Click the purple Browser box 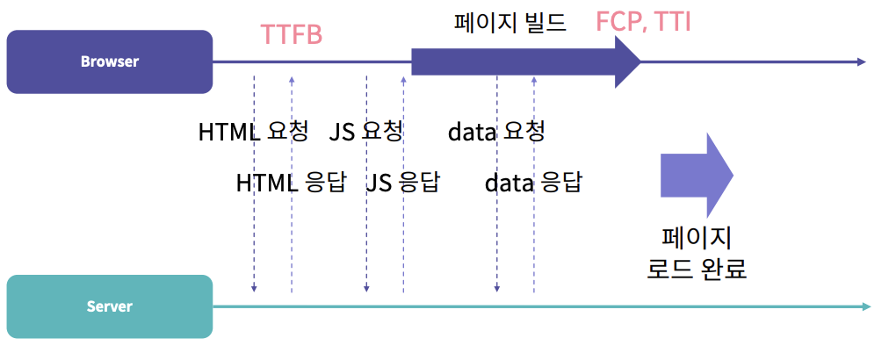pos(110,61)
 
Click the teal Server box pos(110,306)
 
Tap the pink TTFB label pos(292,34)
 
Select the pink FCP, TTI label pos(644,22)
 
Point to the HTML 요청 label pos(254,132)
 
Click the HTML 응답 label pos(292,183)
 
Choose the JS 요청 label pos(366,132)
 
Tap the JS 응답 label pos(403,183)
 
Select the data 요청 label pos(497,132)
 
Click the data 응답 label pos(533,183)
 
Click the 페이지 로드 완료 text pos(697,253)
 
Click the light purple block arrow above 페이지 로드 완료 pos(696,175)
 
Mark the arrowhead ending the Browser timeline pos(862,61)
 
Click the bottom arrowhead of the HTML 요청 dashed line pos(254,288)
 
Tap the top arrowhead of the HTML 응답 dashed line pos(292,80)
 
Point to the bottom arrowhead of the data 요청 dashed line pos(497,288)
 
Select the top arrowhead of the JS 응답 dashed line pos(403,80)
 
